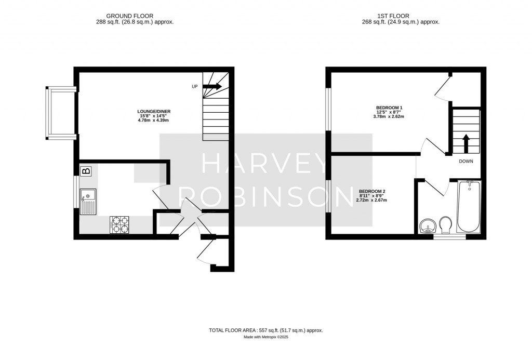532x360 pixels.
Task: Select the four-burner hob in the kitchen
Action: [119, 224]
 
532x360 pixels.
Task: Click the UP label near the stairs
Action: [195, 86]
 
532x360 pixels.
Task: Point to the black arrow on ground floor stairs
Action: [215, 86]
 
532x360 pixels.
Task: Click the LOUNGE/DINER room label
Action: [154, 111]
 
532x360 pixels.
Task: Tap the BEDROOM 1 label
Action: [389, 108]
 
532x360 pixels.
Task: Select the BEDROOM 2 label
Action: [371, 191]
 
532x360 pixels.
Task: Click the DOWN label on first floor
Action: [465, 161]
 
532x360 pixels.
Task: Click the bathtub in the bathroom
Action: [469, 207]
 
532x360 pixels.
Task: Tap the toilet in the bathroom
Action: [446, 225]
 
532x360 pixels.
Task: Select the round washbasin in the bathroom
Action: [428, 226]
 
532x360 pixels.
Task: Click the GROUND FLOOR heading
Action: [129, 16]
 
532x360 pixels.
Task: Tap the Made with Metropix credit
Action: [265, 337]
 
